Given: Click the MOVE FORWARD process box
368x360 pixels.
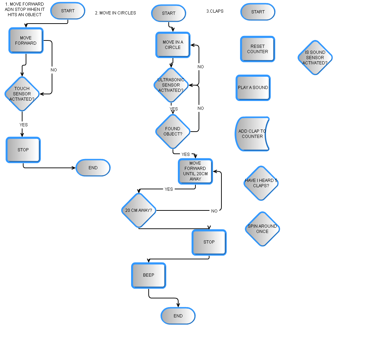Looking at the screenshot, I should pos(26,40).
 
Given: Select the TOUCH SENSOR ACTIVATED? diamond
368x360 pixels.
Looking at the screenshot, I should pos(22,94).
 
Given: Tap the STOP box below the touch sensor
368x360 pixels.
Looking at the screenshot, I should pos(23,150).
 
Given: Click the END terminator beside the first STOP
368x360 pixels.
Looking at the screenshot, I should pos(93,168).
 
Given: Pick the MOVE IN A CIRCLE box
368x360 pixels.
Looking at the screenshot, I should pos(173,45).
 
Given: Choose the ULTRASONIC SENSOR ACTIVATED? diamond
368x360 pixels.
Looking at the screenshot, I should pos(171,85).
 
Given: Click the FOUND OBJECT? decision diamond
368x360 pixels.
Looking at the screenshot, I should pos(173,131).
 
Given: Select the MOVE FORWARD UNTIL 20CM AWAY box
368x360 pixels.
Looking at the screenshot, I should pos(195,171).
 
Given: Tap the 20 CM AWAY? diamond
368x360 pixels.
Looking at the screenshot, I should pos(138,210).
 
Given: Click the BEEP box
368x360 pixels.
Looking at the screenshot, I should pos(148,275).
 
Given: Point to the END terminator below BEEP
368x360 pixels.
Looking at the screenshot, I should pos(178,316).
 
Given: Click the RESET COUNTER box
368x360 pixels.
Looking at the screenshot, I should pos(258,49).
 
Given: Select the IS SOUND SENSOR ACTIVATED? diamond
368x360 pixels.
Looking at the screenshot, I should pos(315,58).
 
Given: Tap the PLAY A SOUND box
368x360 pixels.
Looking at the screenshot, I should pos(253,88).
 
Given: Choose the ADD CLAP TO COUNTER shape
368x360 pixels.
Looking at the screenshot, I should pos(252,134).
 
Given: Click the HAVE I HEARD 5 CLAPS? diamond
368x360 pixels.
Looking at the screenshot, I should pos(261,183).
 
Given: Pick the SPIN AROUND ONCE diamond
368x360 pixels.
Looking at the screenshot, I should pos(262,229).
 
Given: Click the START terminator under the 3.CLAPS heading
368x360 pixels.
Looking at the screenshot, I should pos(258,12).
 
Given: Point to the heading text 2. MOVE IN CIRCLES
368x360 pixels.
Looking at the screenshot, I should pos(115,13).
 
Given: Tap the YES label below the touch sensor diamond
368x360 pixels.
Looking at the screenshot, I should pos(24,125).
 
